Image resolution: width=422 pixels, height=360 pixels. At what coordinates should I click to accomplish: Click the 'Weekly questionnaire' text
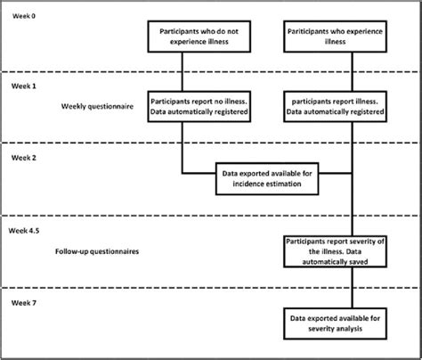tap(98, 105)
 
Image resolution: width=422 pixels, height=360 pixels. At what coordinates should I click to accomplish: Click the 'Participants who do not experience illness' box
tap(183, 36)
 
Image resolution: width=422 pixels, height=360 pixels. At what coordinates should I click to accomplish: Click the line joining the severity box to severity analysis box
tap(353, 287)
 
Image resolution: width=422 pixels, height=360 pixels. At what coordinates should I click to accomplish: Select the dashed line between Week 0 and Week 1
tap(211, 72)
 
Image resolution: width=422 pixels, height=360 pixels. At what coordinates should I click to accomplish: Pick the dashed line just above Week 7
tap(211, 288)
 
